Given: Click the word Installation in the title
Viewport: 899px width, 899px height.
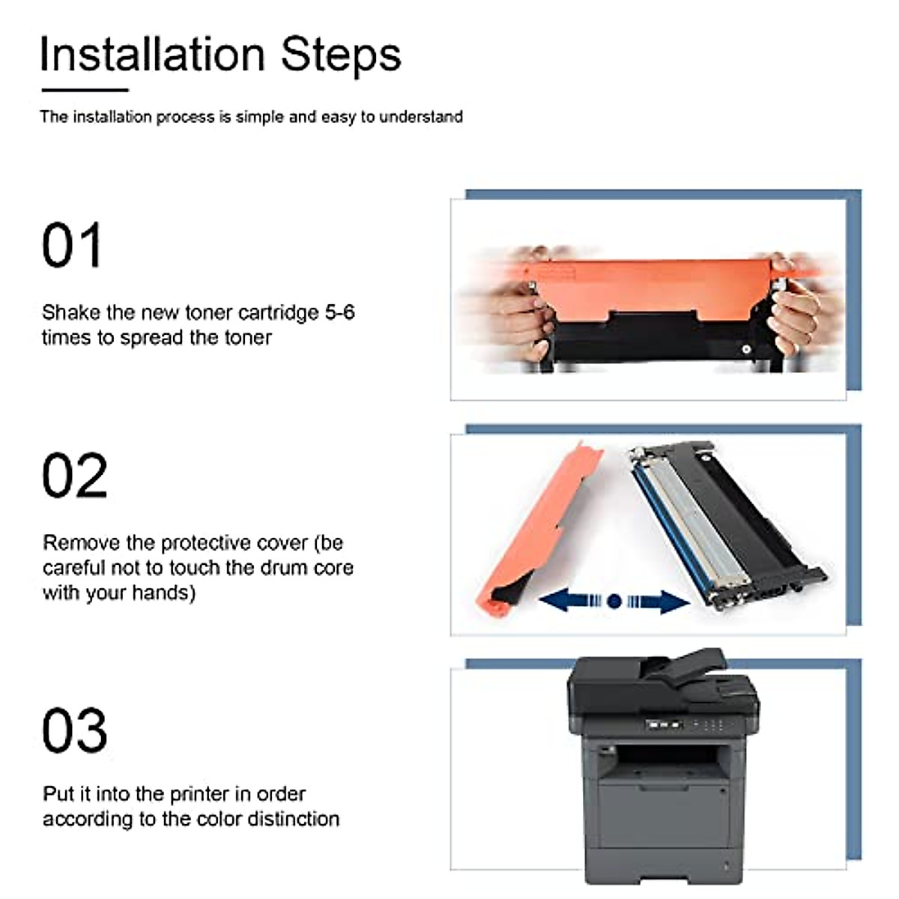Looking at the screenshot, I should coord(152,55).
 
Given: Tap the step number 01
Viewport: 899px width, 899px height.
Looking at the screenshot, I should coord(71,246).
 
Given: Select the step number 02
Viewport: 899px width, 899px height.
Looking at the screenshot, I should coord(74,476).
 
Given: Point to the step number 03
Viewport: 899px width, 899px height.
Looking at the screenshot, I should coord(74,730).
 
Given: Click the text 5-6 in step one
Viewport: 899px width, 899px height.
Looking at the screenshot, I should coord(339,312).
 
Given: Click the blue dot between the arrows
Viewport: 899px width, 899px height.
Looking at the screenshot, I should coord(614,601).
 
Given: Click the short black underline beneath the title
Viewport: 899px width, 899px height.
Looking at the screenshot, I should coord(85,91).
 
